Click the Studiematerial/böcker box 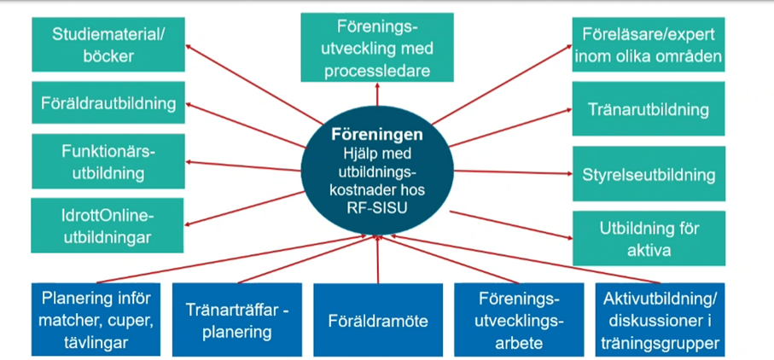(x=107, y=46)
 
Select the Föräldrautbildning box (x=108, y=103)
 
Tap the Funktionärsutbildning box (x=108, y=161)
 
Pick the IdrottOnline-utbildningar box (x=108, y=224)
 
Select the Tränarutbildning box (x=649, y=109)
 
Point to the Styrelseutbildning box (x=649, y=174)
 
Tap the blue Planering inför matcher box (x=96, y=321)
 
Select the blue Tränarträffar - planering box (x=237, y=321)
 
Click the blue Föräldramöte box (x=377, y=322)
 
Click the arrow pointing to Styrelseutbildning (x=512, y=172)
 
